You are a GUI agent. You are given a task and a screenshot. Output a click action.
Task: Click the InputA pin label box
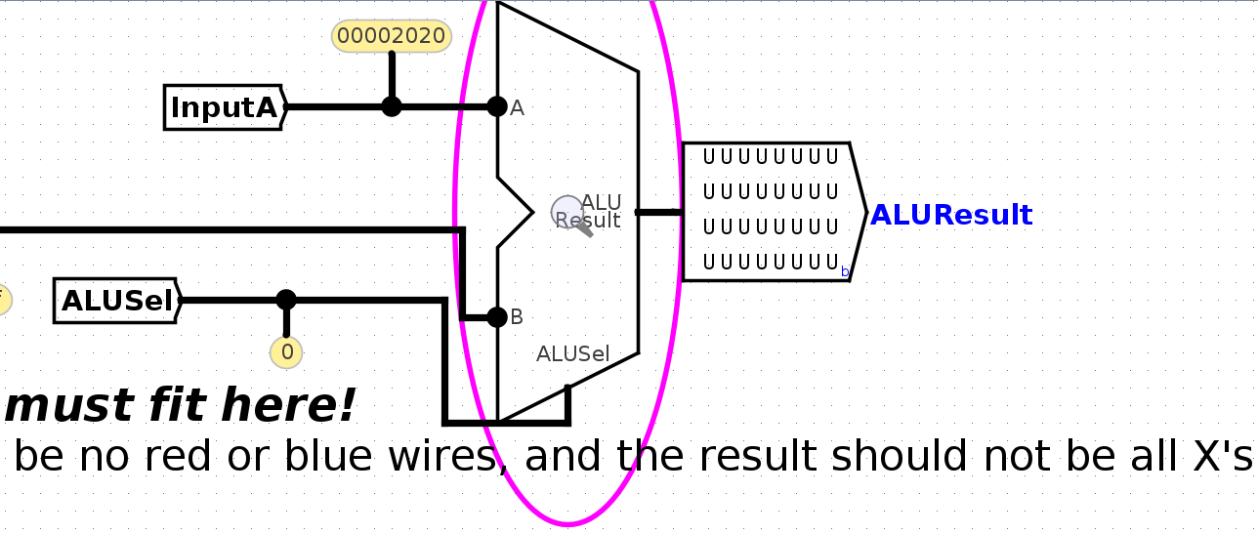(224, 107)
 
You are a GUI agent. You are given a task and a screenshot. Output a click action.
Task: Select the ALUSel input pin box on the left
(117, 301)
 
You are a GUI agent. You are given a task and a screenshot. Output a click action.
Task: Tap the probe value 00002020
(391, 37)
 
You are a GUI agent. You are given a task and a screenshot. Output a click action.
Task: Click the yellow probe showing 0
(286, 352)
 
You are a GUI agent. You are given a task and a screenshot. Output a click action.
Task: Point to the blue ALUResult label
(950, 215)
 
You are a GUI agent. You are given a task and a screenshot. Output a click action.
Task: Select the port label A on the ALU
(518, 108)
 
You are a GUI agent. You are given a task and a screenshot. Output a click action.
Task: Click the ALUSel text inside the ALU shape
(572, 354)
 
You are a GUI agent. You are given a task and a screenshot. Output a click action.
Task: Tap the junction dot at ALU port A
(497, 106)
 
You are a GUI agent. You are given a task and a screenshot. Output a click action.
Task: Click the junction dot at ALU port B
(497, 316)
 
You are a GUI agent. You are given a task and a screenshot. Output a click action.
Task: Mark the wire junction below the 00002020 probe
(391, 106)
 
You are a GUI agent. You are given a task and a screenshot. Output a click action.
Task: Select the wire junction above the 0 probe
(286, 300)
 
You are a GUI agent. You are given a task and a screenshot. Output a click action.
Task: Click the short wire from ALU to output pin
(659, 212)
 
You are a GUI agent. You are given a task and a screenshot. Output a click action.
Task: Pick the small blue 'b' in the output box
(845, 271)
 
